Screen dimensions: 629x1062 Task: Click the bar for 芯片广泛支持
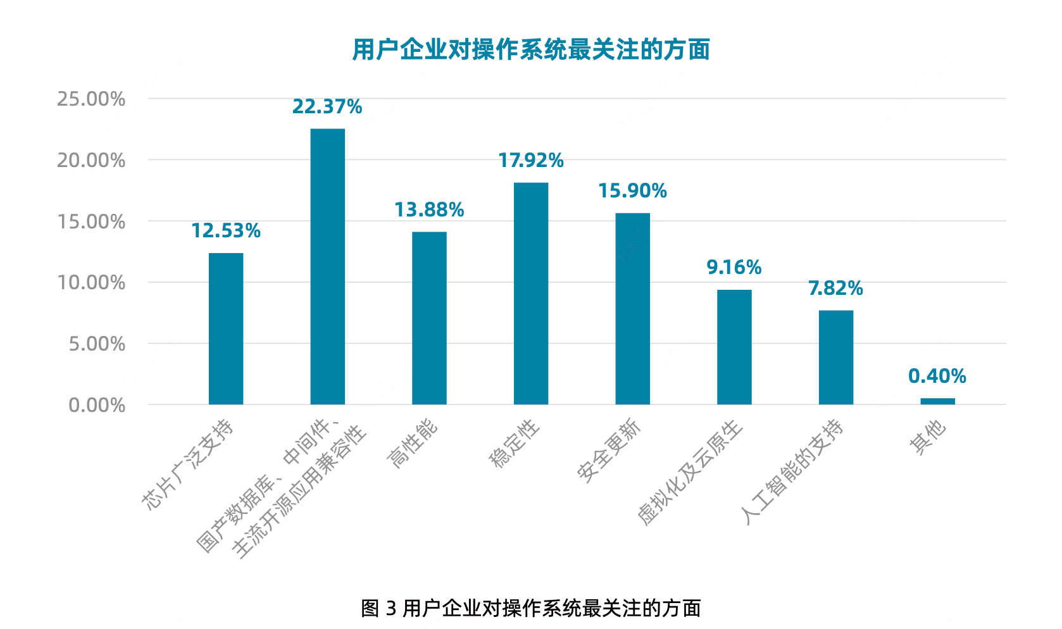(x=226, y=328)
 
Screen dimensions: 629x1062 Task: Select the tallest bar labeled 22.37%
(x=327, y=266)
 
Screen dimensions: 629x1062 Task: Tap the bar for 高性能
(x=429, y=318)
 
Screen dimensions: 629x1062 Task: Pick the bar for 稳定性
(x=531, y=293)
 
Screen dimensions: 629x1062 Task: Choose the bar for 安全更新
(x=632, y=308)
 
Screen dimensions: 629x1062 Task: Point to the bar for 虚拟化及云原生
(x=734, y=347)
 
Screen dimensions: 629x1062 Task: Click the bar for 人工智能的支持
(x=835, y=357)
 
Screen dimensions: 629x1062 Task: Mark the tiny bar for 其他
(x=937, y=401)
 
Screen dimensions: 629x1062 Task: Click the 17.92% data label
(x=530, y=161)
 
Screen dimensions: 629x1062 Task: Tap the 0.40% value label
(x=937, y=377)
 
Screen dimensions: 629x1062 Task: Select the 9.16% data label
(x=734, y=268)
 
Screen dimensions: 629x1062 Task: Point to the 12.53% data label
(x=226, y=231)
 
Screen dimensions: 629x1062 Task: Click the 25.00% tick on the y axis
(x=91, y=99)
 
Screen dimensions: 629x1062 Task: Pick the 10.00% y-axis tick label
(x=91, y=283)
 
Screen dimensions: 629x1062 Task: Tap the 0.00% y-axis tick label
(x=97, y=405)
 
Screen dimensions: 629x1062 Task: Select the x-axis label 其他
(x=928, y=437)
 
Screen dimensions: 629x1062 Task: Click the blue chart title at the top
(x=531, y=49)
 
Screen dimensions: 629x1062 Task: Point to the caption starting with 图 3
(x=531, y=608)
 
